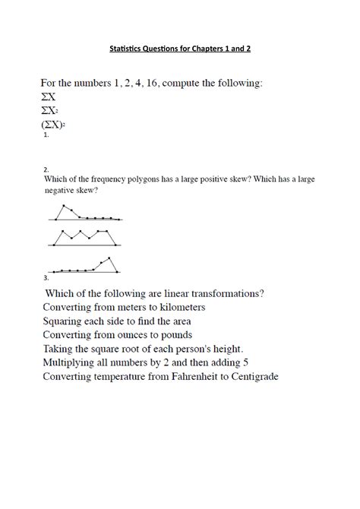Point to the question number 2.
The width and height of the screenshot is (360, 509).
pos(46,169)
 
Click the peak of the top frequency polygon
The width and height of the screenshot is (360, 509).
pos(65,205)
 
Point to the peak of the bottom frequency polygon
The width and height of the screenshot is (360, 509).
pos(111,258)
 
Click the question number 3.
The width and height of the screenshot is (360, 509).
pos(46,278)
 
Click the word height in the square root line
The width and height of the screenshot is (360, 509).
pos(225,349)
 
